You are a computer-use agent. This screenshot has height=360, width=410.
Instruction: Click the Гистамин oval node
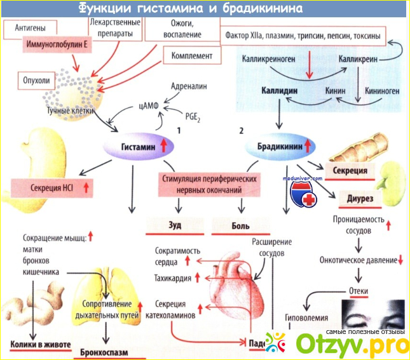click(138, 147)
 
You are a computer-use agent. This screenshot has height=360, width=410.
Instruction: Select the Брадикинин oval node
click(280, 147)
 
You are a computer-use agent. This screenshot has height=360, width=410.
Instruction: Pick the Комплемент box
click(191, 55)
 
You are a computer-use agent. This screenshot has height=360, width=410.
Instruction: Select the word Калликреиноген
click(269, 58)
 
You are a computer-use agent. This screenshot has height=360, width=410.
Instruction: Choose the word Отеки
click(359, 291)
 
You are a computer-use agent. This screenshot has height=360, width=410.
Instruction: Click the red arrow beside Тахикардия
click(198, 277)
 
